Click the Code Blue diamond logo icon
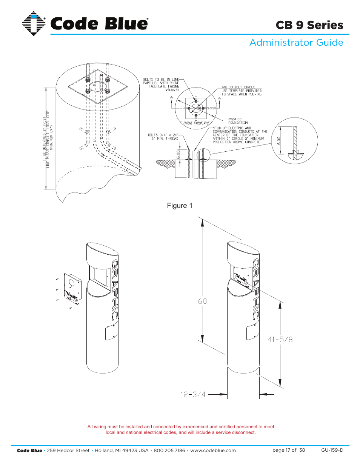pos(34,23)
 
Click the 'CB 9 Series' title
pos(309,25)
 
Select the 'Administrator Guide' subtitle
pos(296,43)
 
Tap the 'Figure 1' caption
pos(180,206)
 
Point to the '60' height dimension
pos(202,301)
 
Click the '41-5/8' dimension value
pos(280,340)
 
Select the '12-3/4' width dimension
pos(193,395)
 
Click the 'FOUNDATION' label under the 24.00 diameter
pos(238,123)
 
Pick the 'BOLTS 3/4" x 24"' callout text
pos(163,135)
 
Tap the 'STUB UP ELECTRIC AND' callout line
pos(232,128)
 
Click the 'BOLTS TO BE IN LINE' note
pos(161,80)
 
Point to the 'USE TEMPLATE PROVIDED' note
pos(242,91)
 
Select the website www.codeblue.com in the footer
pos(213,451)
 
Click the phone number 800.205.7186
pos(169,451)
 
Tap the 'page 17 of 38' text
pos(288,450)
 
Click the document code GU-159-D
pos(332,450)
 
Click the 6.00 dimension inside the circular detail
pos(279,141)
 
